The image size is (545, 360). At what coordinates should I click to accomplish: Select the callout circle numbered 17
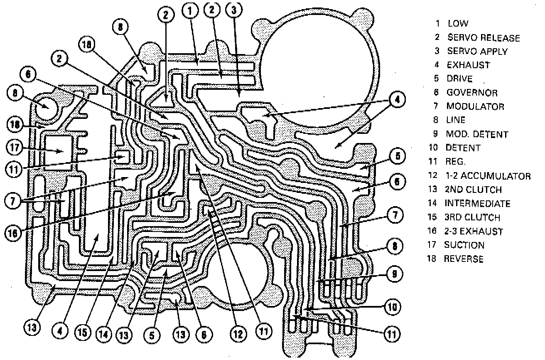coord(15,147)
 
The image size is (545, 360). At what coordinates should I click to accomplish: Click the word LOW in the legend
coord(458,24)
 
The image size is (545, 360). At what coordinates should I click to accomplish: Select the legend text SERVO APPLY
coord(477,52)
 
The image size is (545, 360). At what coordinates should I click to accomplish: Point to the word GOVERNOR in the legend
coord(472,93)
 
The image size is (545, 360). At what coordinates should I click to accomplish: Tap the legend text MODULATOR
coord(475,106)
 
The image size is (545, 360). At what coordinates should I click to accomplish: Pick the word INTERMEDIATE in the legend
coord(477,204)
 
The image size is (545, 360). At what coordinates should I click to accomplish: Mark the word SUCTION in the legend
coord(464,245)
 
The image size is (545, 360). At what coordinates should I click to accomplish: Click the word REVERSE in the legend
coord(464,259)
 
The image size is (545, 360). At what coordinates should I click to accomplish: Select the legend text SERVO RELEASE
coord(483,38)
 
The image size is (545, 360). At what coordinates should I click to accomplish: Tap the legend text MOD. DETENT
coord(477,135)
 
